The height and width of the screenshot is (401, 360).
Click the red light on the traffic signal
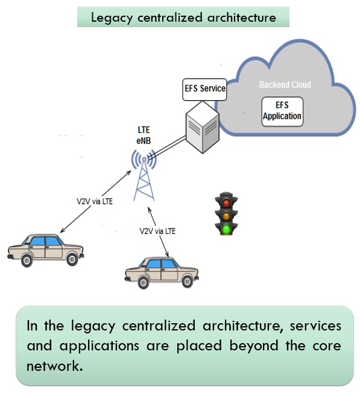tap(226, 203)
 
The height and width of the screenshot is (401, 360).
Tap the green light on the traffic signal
tap(226, 229)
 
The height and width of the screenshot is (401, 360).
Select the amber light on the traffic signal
tap(226, 216)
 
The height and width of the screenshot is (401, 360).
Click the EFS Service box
tap(204, 89)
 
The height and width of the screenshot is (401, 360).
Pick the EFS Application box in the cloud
tap(282, 112)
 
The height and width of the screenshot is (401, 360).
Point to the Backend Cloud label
tap(285, 84)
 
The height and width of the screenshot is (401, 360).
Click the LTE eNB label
tap(144, 135)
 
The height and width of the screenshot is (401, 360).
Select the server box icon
tap(203, 127)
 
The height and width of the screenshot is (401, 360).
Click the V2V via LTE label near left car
tap(95, 201)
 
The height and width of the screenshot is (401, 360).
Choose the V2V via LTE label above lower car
tap(157, 231)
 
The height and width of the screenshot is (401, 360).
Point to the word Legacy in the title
tap(112, 18)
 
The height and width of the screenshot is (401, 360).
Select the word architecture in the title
tap(242, 17)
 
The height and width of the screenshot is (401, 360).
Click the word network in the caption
tap(55, 365)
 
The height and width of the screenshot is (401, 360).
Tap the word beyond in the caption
tap(254, 346)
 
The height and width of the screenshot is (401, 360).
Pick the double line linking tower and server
tap(168, 148)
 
